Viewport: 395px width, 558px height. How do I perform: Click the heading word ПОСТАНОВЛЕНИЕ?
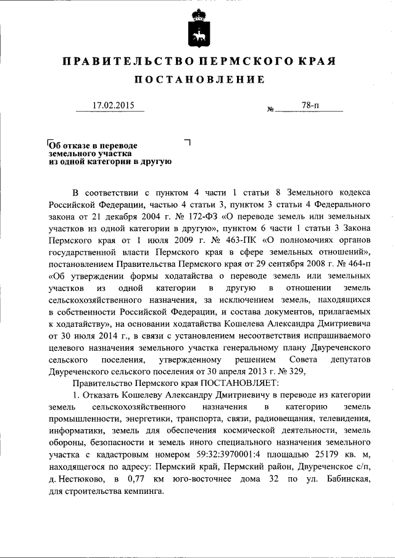(197, 80)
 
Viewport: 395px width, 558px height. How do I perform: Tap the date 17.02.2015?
(109, 105)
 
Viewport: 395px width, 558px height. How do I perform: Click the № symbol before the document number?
(270, 110)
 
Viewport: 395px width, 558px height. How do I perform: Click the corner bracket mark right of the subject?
(187, 142)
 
